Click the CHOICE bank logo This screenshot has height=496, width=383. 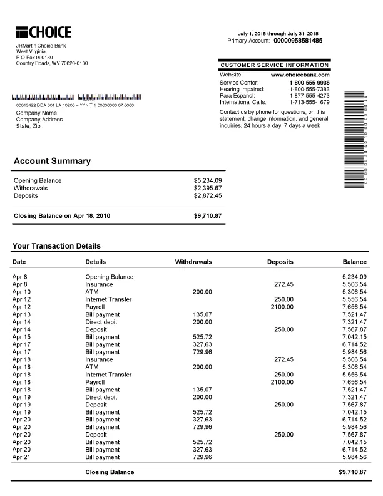[x=43, y=33]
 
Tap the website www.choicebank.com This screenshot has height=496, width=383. [x=300, y=75]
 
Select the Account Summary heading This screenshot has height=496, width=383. [x=52, y=161]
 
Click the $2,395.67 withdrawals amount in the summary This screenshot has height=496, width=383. [x=208, y=188]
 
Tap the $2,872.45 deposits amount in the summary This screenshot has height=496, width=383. [x=208, y=195]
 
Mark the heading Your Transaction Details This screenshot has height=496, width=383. [x=56, y=246]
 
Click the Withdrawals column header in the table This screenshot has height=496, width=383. [x=193, y=261]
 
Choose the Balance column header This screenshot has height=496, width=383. [x=354, y=261]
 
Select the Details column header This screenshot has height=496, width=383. [x=95, y=261]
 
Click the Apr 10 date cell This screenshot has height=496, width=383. [x=21, y=292]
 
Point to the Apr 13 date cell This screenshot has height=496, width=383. [x=21, y=314]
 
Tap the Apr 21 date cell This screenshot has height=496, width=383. [x=21, y=457]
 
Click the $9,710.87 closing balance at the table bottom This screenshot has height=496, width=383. [x=352, y=472]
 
